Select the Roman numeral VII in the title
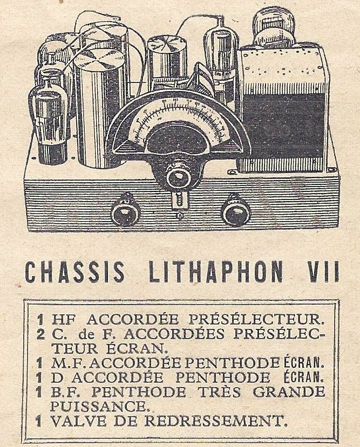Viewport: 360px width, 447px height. [321, 273]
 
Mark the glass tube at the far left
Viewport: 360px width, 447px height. [49, 116]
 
